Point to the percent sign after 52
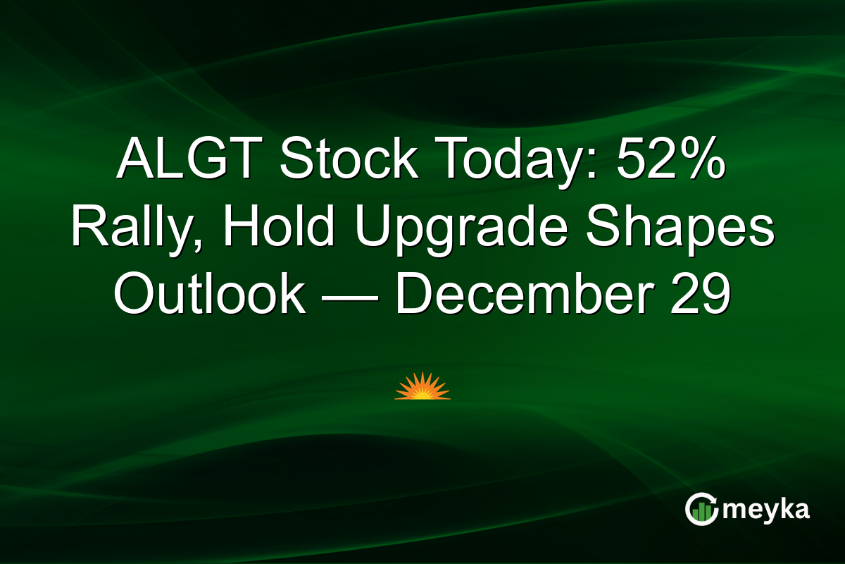click(x=699, y=161)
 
